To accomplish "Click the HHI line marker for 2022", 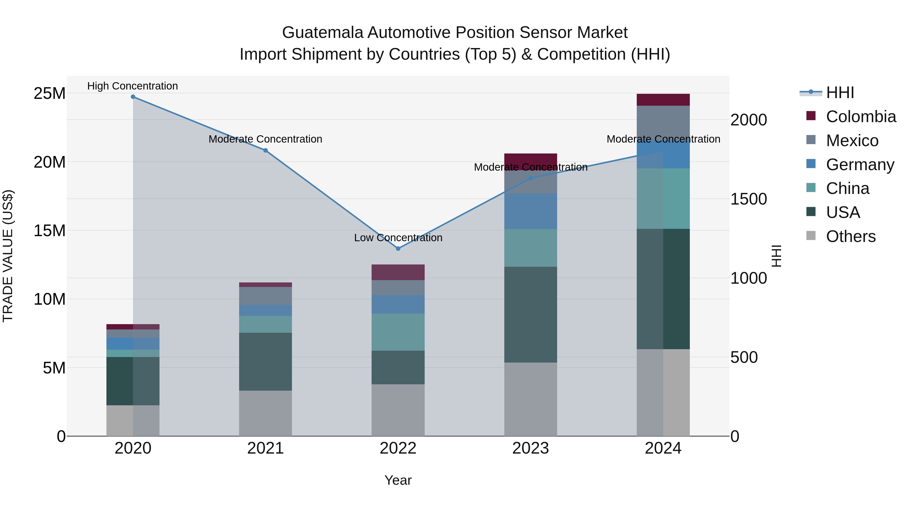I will click(398, 248).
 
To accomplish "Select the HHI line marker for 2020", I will click(133, 97).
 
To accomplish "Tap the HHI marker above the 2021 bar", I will click(265, 150).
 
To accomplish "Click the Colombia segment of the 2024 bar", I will click(663, 100).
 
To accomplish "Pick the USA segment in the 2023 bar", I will click(530, 315).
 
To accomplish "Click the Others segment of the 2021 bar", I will click(265, 413).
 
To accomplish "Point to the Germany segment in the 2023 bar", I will click(530, 211).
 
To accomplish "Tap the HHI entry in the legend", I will click(840, 93).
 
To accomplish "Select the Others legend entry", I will click(850, 236).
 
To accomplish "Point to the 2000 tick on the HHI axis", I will click(748, 120).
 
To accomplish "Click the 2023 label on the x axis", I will click(530, 448).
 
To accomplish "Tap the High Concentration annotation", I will click(132, 86).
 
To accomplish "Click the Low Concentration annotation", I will click(398, 238).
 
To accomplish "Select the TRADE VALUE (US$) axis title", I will click(8, 256).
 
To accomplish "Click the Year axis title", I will click(398, 480).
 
